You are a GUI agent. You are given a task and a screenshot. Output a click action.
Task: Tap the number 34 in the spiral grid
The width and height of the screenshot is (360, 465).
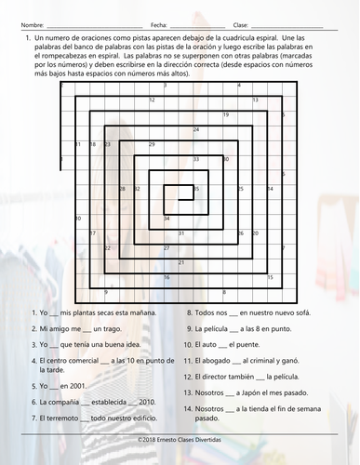pos(167,219)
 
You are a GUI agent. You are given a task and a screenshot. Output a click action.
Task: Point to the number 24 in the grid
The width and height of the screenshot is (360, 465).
pos(195,129)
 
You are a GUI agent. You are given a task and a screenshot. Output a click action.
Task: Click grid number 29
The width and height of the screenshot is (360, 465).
pos(195,189)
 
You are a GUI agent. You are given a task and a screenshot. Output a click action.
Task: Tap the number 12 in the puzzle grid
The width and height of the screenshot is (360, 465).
pos(152,100)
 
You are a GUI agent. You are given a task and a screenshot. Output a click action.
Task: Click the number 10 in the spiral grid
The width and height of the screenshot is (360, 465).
pos(77,219)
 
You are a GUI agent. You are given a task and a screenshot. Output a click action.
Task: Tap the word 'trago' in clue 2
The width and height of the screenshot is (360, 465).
pos(120,328)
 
